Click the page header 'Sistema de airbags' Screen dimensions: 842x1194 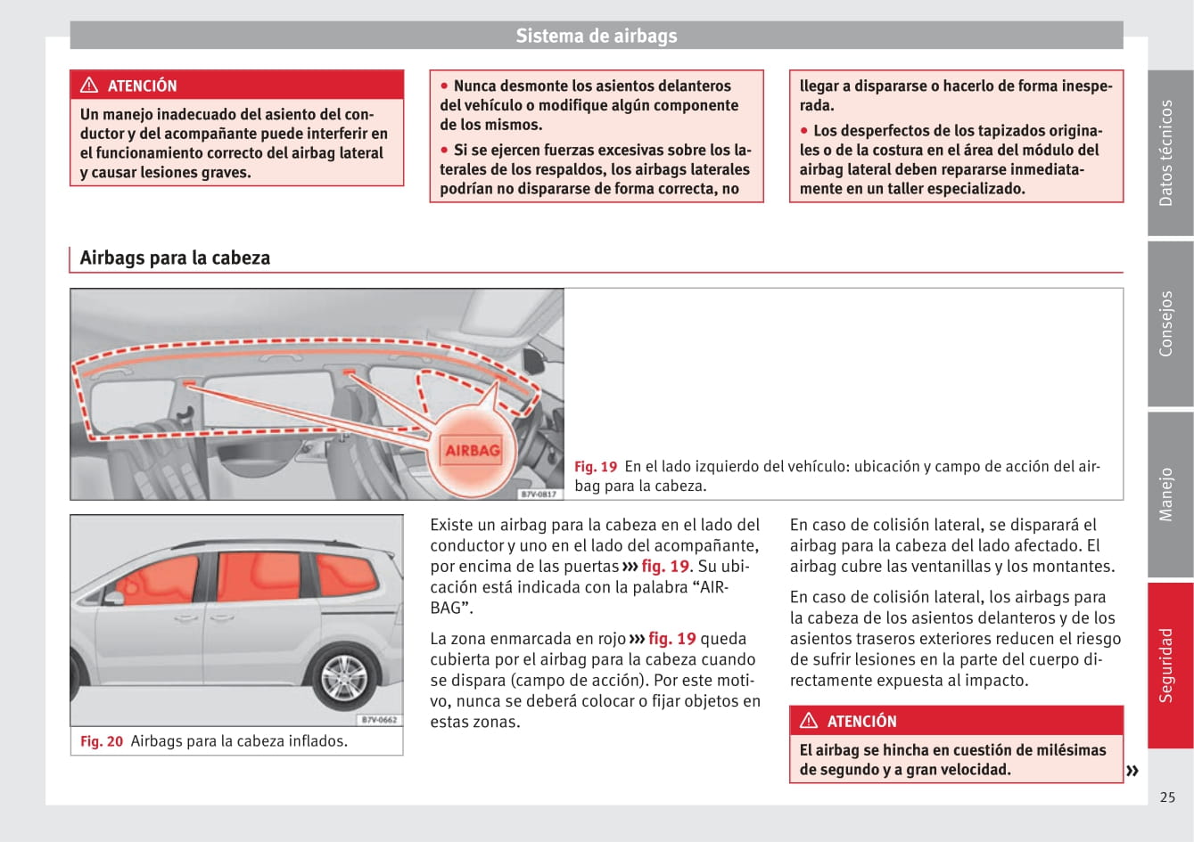click(x=597, y=37)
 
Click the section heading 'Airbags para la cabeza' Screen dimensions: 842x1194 click(x=175, y=258)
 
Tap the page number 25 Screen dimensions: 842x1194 click(x=1167, y=797)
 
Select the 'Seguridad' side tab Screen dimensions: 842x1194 click(x=1168, y=665)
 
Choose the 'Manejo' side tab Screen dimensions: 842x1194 click(x=1168, y=495)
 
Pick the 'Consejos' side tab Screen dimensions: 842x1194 click(x=1168, y=323)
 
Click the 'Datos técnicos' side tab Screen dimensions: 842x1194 click(x=1168, y=153)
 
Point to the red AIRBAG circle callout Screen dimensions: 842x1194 click(x=473, y=450)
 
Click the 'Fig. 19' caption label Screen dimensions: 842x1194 click(x=596, y=467)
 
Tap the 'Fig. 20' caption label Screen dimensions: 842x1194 click(x=102, y=741)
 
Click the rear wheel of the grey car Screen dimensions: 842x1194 click(x=343, y=679)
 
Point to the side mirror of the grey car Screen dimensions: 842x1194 click(x=113, y=597)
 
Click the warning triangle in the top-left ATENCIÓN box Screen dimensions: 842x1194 click(x=89, y=86)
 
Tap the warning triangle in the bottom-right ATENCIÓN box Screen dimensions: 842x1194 click(x=809, y=721)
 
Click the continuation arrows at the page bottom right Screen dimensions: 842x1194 click(x=1132, y=771)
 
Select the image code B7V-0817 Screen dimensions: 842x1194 click(x=539, y=494)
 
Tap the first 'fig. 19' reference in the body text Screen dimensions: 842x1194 click(x=665, y=567)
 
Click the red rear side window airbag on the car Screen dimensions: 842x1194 click(x=345, y=576)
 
